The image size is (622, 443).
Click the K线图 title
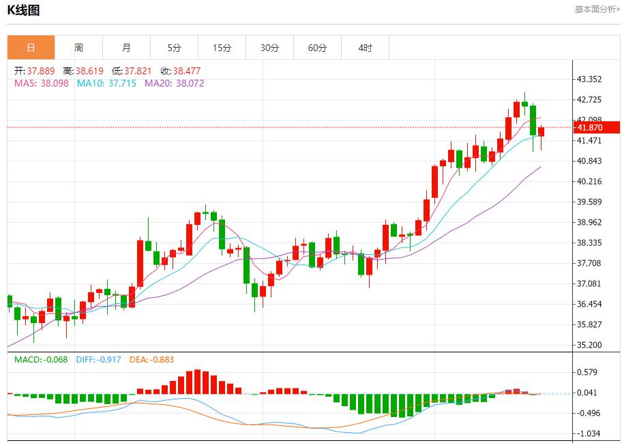(x=24, y=10)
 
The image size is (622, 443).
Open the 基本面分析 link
(x=597, y=10)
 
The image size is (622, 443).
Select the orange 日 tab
(x=31, y=48)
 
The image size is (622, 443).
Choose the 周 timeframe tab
(x=78, y=48)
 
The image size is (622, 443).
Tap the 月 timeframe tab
(x=126, y=48)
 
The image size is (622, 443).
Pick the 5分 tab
(x=174, y=48)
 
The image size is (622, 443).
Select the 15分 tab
(x=222, y=48)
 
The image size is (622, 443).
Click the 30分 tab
(x=269, y=48)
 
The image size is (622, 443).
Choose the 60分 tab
(x=317, y=48)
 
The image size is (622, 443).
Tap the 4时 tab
(x=365, y=48)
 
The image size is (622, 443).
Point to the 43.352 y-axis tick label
(x=589, y=79)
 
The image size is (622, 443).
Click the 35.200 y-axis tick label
(x=589, y=345)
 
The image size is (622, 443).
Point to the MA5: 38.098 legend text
(x=42, y=83)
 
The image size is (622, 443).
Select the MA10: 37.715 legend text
(x=106, y=83)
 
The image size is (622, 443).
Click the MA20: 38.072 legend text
(x=174, y=83)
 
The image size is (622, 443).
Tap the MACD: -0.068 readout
(x=41, y=359)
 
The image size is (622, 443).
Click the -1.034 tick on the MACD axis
(x=589, y=433)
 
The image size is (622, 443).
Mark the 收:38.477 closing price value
(x=181, y=71)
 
